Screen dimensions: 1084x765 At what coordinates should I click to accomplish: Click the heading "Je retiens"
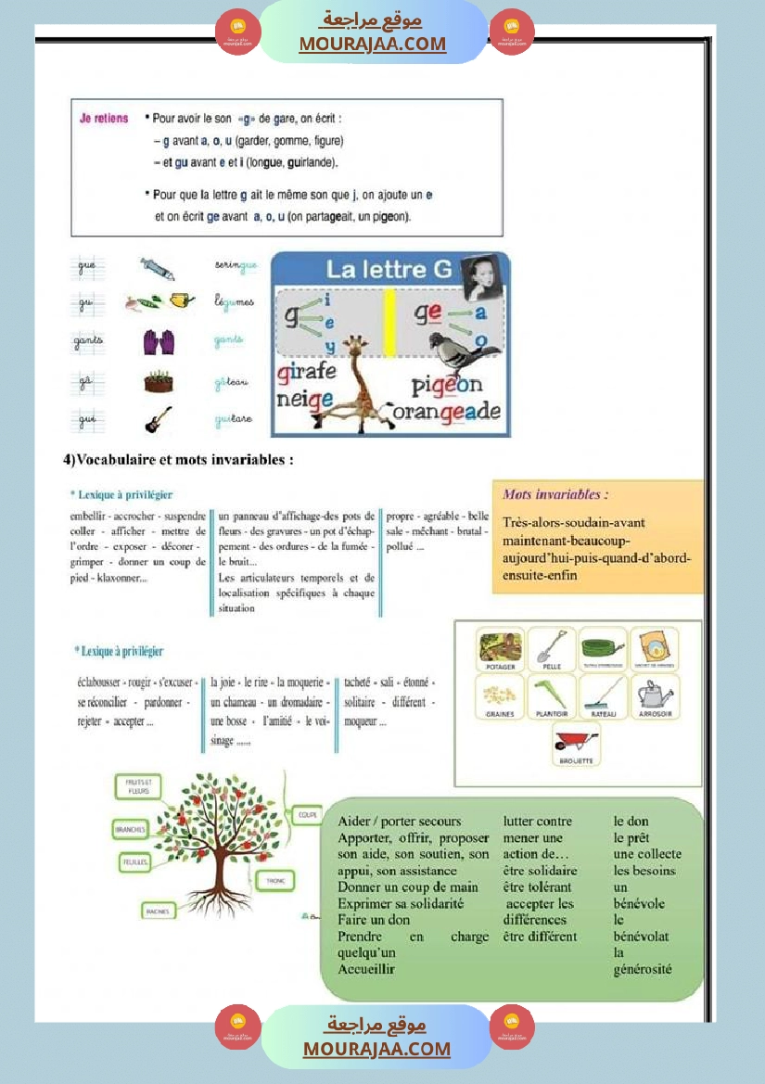pos(104,119)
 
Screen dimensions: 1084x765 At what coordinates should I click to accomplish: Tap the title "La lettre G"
pos(389,270)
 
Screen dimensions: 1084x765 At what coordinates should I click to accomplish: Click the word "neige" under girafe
pos(305,400)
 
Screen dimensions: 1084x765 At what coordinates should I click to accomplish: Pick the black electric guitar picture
pos(158,419)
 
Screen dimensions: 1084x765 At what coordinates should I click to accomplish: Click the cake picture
pos(159,381)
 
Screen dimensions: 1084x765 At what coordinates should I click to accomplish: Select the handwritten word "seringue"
pos(235,266)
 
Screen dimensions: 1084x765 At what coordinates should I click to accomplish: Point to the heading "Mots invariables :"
pos(555,495)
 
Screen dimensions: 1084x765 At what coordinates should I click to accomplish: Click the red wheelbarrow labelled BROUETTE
pos(576,744)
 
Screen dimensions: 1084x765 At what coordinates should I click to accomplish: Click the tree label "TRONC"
pos(275,880)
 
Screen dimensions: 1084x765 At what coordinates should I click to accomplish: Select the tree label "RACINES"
pos(157,912)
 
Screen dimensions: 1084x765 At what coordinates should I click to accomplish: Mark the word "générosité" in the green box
pos(643,970)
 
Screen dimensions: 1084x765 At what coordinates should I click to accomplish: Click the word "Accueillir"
pos(366,969)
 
